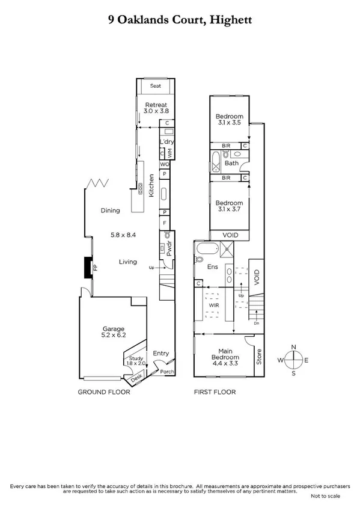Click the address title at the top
[x=180, y=20]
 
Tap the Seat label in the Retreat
[x=156, y=86]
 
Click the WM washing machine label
[x=170, y=153]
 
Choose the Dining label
[x=111, y=210]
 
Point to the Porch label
[x=166, y=371]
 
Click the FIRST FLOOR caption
[x=214, y=392]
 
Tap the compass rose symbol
[x=293, y=360]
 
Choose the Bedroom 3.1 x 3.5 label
[x=229, y=120]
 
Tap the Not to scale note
[x=325, y=496]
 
